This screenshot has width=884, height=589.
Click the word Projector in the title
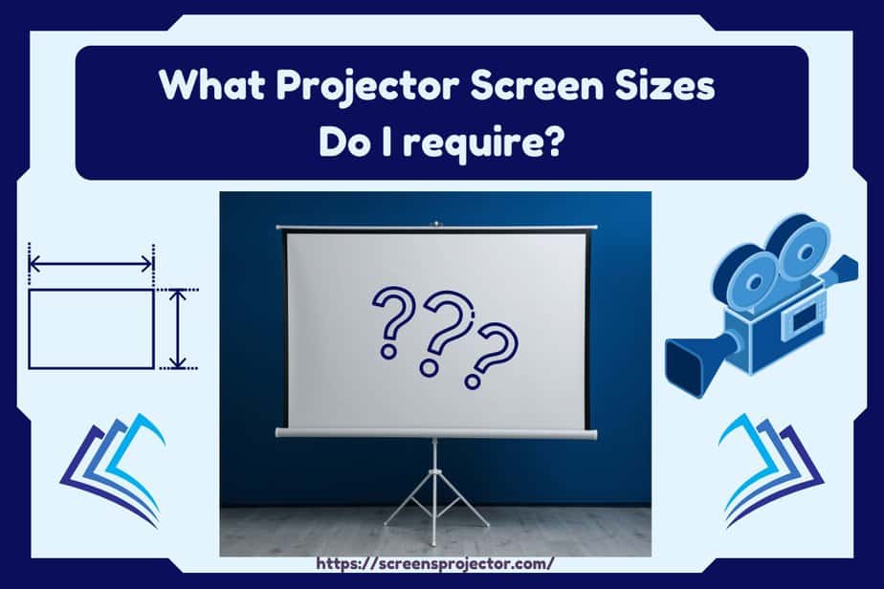367,87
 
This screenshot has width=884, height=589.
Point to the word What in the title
212,85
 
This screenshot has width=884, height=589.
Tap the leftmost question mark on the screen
393,322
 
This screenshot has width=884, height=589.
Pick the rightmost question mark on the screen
493,355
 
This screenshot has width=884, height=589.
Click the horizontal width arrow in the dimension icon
91,263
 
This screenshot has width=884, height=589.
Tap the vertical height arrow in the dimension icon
178,329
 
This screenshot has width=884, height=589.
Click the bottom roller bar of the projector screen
436,433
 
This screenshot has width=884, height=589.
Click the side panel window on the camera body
802,319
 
